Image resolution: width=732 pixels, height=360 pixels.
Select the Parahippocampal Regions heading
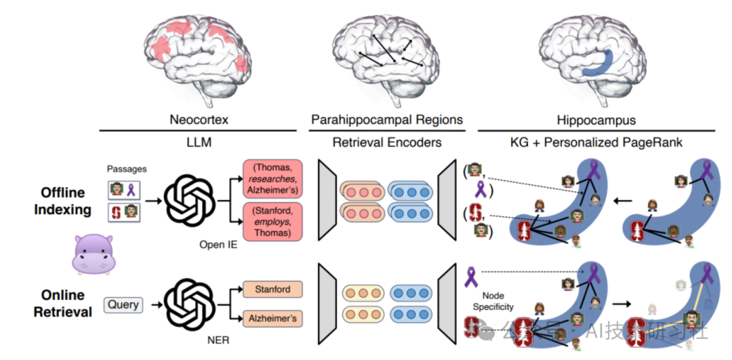tap(387, 120)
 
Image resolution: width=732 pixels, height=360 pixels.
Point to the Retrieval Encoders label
tap(386, 142)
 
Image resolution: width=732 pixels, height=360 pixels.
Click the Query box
tap(123, 304)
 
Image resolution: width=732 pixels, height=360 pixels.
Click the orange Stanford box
tap(272, 289)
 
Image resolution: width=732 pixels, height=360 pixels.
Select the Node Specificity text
tap(496, 301)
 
